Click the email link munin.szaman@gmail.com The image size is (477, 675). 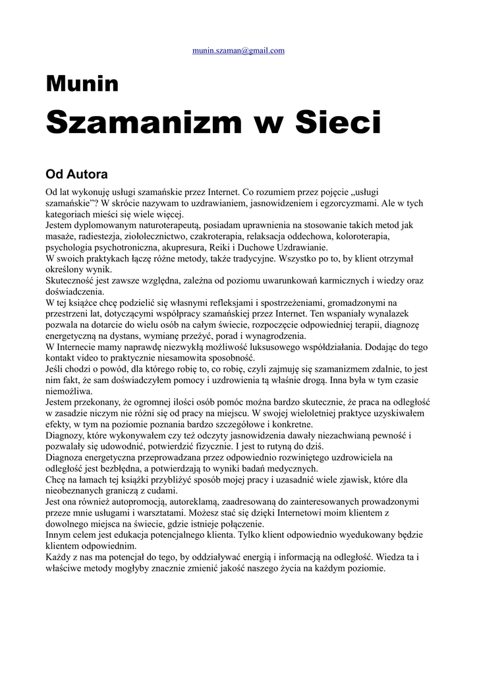(238, 50)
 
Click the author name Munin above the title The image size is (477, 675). (82, 84)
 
